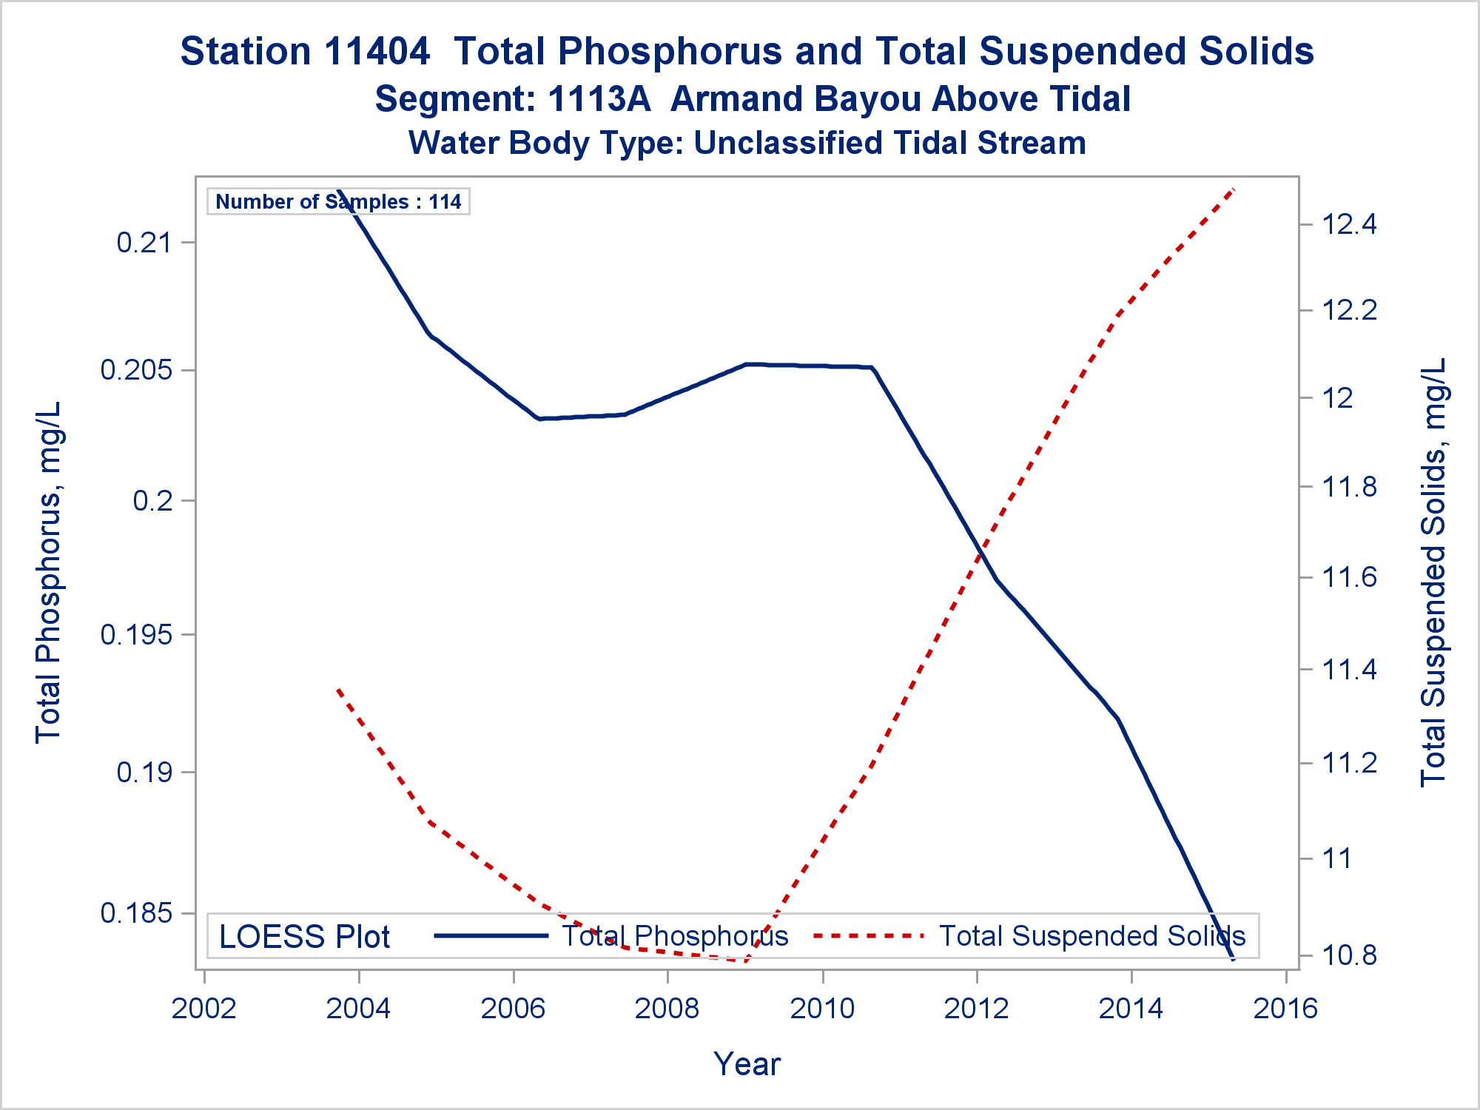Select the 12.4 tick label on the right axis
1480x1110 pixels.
point(1350,223)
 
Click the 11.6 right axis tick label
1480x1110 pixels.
point(1350,577)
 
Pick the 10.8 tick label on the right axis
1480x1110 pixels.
point(1350,955)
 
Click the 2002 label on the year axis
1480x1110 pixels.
point(204,1009)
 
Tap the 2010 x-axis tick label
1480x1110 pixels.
point(822,1009)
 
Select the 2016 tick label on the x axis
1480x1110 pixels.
point(1286,1009)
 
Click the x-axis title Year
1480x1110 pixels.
point(747,1064)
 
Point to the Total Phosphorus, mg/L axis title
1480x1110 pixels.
point(48,572)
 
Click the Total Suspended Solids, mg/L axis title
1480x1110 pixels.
point(1433,572)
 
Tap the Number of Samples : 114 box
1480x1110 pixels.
point(338,201)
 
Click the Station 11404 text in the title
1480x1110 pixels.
point(305,52)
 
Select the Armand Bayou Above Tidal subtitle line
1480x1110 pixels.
point(900,99)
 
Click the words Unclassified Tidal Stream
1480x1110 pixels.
point(889,143)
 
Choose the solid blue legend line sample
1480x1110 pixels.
point(491,936)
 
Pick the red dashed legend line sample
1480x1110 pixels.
point(869,936)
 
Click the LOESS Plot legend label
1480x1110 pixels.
point(304,937)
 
